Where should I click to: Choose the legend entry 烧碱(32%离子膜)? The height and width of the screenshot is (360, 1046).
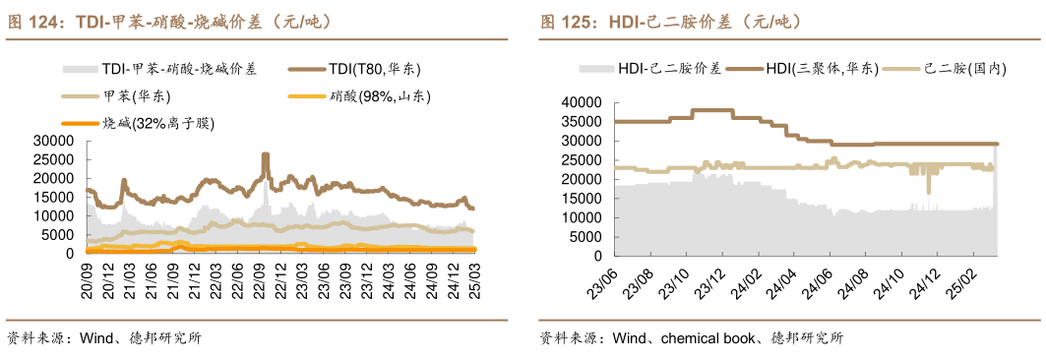point(158,123)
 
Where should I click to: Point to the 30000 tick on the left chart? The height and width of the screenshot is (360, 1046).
point(54,141)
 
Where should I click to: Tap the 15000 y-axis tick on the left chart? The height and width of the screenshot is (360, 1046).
point(54,197)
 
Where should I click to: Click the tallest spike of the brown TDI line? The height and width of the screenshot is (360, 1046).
point(265,154)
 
